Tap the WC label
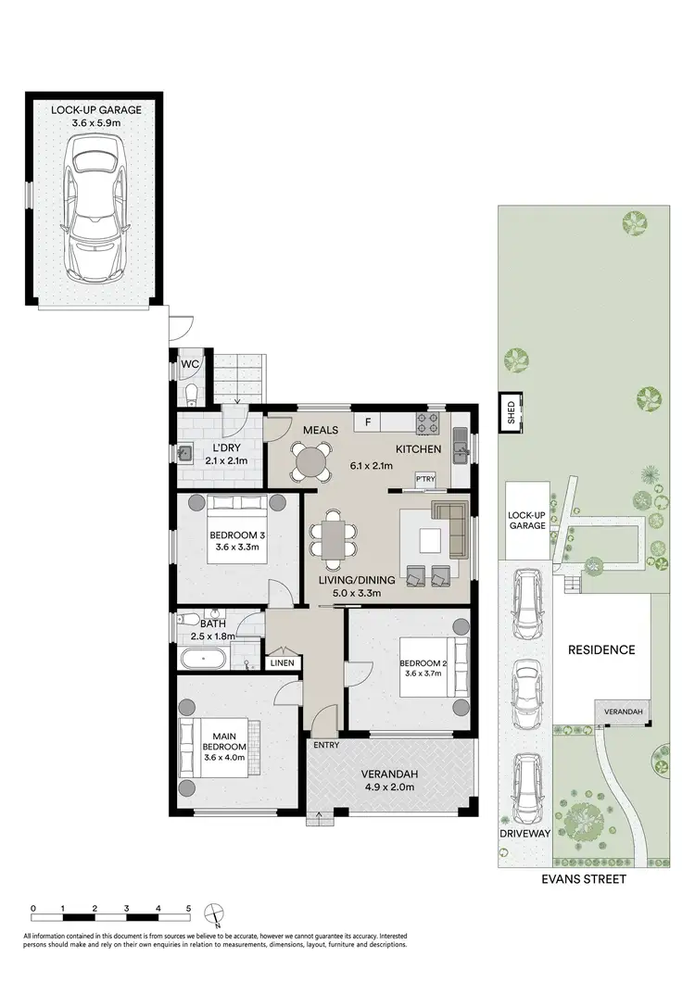pos(191,364)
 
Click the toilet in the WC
pos(190,397)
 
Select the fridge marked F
pos(368,423)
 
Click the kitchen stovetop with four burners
pos(426,423)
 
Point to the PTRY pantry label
pos(425,479)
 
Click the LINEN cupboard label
pos(282,662)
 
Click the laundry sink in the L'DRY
pos(186,454)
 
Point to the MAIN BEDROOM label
pos(227,742)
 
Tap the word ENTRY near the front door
pos(325,745)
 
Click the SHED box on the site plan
pos(510,412)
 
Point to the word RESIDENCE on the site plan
pos(601,649)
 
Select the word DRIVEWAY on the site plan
pos(526,834)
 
